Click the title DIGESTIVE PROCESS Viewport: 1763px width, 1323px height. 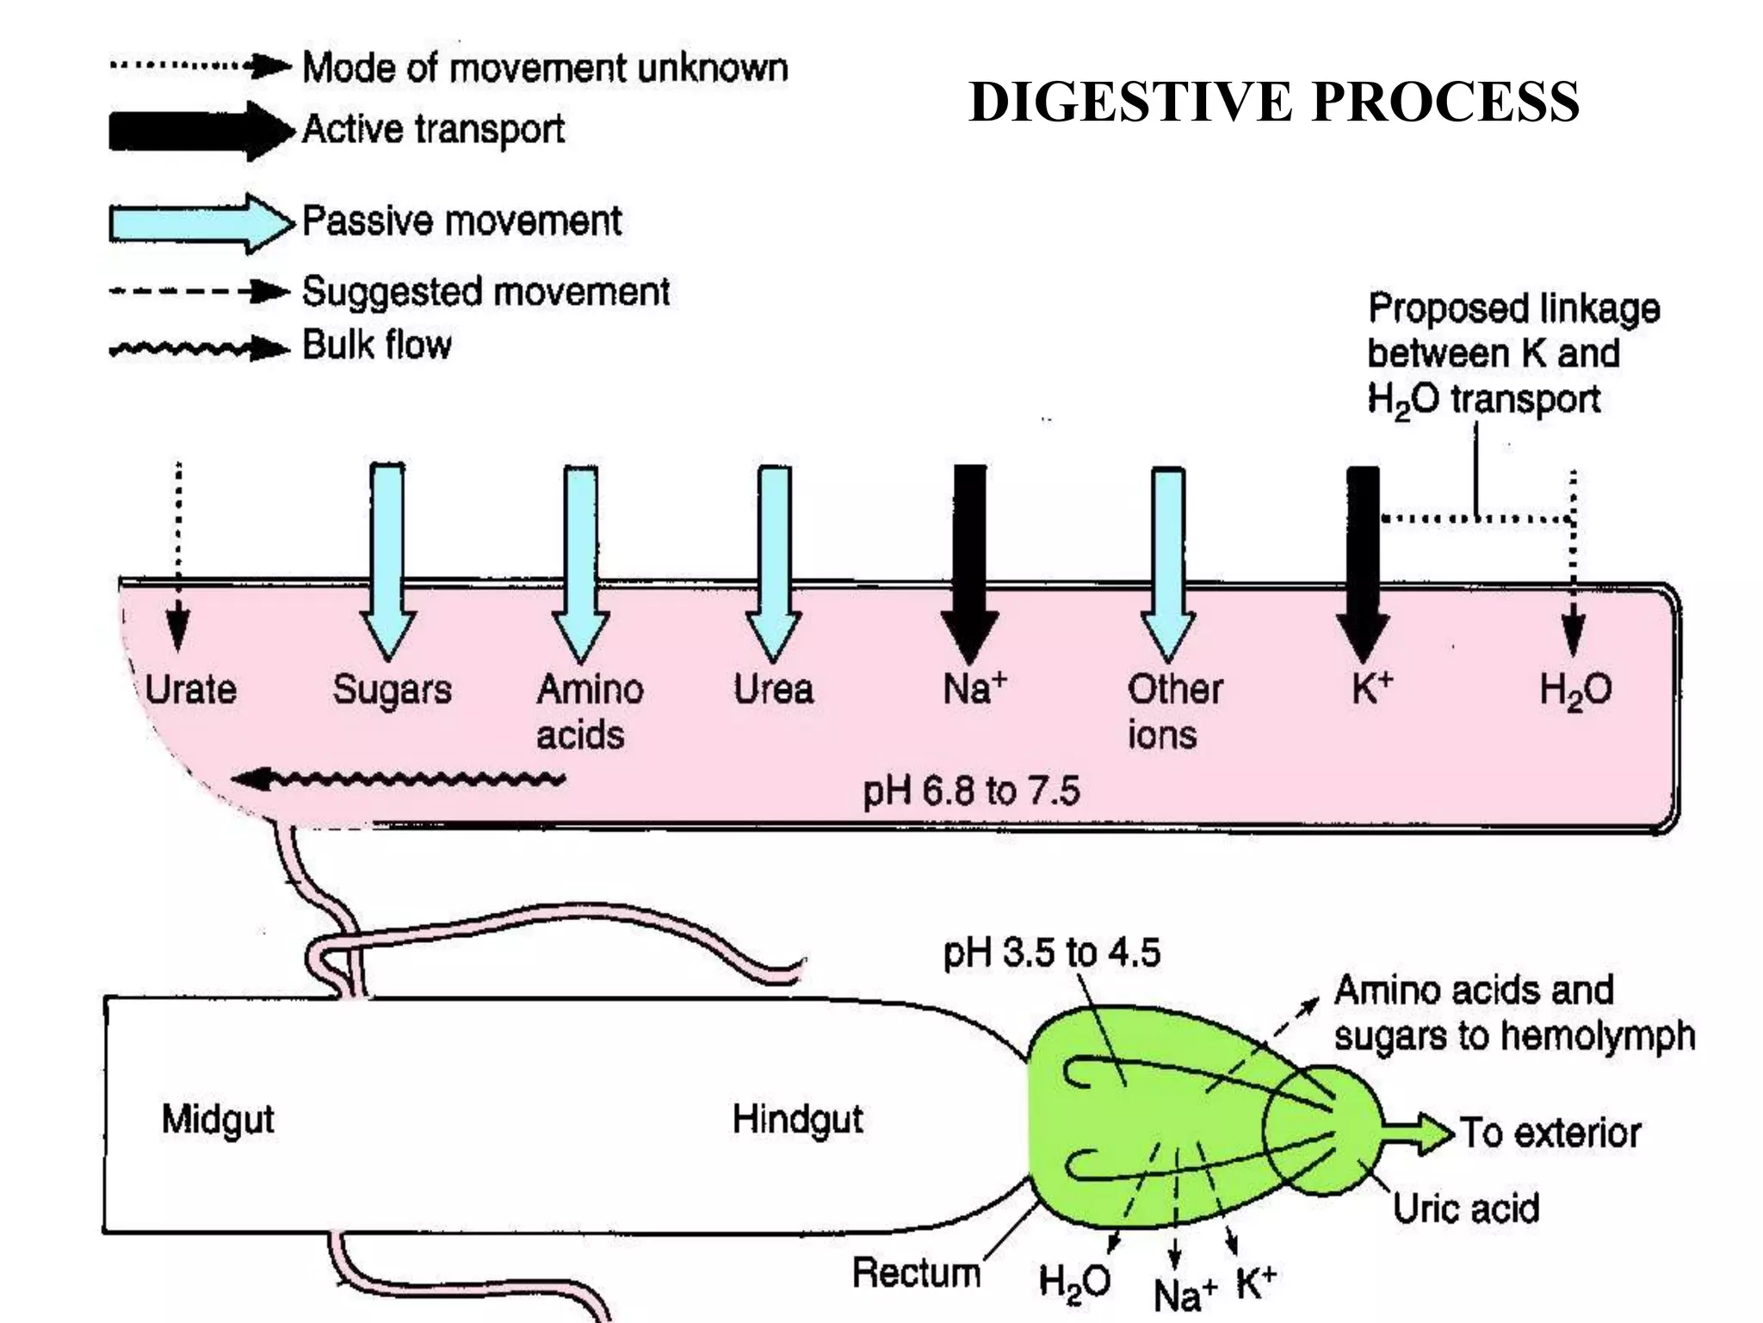[x=1273, y=102]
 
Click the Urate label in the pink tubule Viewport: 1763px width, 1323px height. [x=190, y=690]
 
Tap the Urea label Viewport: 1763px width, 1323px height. [x=773, y=690]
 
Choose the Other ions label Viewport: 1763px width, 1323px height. [x=1174, y=711]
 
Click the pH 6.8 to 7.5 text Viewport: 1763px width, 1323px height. [x=971, y=791]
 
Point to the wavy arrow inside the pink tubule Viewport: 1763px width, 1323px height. [x=400, y=780]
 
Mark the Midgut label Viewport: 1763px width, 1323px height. [x=218, y=1119]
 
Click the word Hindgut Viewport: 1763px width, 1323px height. [x=797, y=1119]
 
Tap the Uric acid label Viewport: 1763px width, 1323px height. [x=1466, y=1208]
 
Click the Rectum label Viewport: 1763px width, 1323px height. [x=916, y=1272]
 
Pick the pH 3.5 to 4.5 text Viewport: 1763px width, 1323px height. [x=1051, y=953]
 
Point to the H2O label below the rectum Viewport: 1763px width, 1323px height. [x=1073, y=1281]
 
